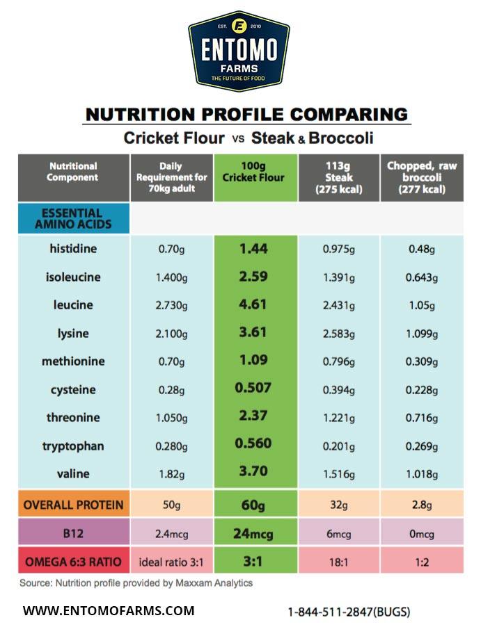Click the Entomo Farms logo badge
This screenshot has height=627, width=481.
click(239, 51)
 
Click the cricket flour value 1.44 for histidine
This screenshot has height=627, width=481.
click(254, 248)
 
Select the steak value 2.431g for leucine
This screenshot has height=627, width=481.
click(339, 305)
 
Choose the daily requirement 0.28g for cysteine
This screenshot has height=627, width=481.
click(171, 390)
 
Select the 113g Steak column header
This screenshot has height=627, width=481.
click(339, 177)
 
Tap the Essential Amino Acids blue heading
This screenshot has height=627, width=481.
click(73, 218)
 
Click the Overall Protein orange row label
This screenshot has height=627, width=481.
click(73, 505)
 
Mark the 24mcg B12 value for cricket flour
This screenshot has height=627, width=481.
click(254, 534)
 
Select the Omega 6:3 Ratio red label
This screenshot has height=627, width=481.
click(73, 562)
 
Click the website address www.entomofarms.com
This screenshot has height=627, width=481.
click(109, 611)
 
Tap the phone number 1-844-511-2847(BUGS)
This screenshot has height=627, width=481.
click(348, 612)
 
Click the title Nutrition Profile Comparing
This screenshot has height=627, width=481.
click(246, 115)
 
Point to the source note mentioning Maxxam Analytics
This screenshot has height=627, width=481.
click(136, 583)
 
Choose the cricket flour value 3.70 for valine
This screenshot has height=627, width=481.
click(254, 474)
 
